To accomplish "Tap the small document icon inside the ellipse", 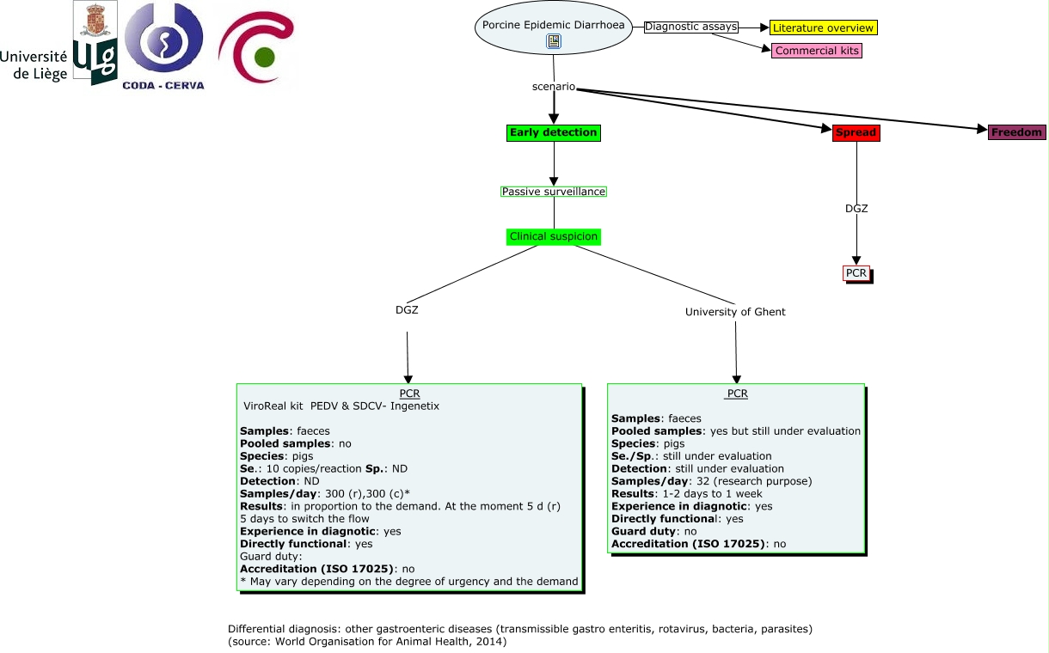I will click(x=554, y=41).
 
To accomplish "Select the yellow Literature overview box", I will click(x=823, y=28).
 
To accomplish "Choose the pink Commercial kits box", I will click(x=817, y=51).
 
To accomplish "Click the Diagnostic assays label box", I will click(x=691, y=27).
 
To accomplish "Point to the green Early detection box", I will click(x=553, y=132).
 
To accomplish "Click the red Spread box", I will click(x=856, y=132).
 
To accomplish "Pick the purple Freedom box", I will click(x=1016, y=132).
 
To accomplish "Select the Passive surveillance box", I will click(x=553, y=192).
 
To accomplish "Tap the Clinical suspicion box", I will click(x=553, y=236).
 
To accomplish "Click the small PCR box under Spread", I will click(x=856, y=273).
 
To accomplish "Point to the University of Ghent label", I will click(x=735, y=312).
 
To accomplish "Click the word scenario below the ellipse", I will click(x=554, y=88).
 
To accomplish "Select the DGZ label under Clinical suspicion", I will click(x=407, y=310).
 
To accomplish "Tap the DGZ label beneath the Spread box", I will click(x=856, y=209).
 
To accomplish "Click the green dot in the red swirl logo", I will click(x=265, y=58).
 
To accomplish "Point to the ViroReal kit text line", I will click(x=341, y=406).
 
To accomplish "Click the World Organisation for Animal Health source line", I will click(x=367, y=642).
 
